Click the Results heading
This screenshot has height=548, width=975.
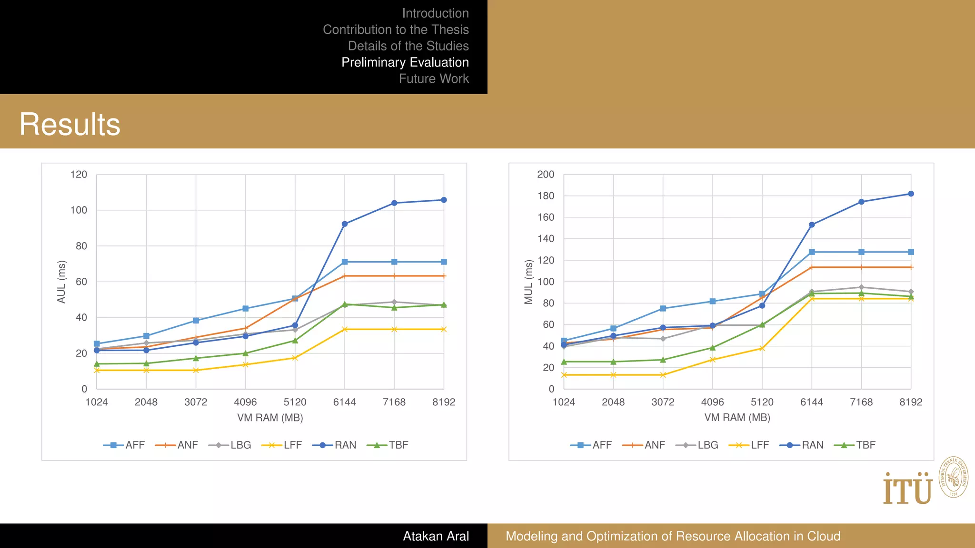point(70,124)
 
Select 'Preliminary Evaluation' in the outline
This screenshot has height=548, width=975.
point(405,62)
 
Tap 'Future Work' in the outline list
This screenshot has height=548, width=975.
point(433,78)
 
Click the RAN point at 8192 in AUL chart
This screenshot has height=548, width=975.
point(444,200)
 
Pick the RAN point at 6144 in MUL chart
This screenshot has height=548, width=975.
point(812,225)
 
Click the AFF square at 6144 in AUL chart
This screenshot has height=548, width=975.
point(345,262)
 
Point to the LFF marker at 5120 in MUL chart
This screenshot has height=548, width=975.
point(762,349)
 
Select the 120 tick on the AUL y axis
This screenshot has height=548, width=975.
point(79,175)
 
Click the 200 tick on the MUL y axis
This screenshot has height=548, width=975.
point(546,175)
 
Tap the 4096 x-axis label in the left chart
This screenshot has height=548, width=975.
point(245,402)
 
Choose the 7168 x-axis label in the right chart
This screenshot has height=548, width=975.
point(861,402)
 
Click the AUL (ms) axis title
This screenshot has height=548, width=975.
point(61,282)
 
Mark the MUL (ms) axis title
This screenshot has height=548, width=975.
point(528,282)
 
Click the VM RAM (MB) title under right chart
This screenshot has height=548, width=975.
point(737,418)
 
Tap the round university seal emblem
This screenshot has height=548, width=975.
point(953,477)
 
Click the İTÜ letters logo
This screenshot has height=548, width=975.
point(907,489)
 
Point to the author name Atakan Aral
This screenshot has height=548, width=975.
point(436,536)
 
